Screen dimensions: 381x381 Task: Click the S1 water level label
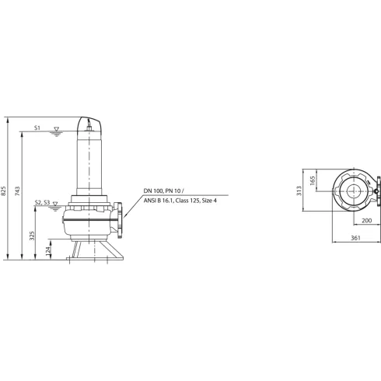[38, 128]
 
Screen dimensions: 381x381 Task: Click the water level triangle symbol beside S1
[54, 129]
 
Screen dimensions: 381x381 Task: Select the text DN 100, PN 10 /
[164, 190]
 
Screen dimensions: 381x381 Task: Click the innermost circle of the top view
[350, 192]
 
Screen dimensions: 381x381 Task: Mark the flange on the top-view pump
[376, 192]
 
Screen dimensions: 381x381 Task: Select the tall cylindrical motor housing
[91, 159]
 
